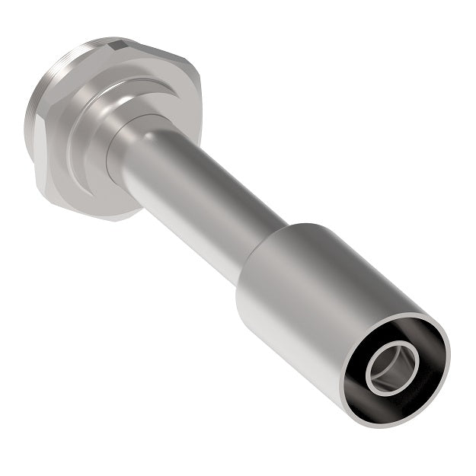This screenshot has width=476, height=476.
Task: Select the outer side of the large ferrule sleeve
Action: tap(305, 305)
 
